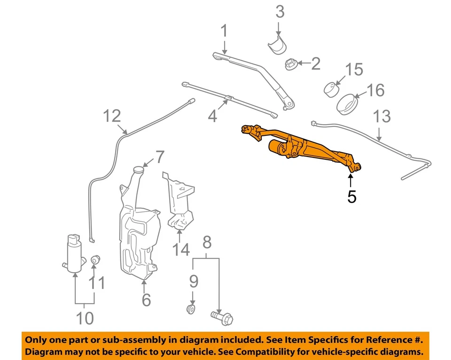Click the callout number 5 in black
pyautogui.click(x=351, y=196)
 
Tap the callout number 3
pyautogui.click(x=280, y=12)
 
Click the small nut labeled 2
pyautogui.click(x=290, y=64)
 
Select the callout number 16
pyautogui.click(x=375, y=90)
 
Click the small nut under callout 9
pyautogui.click(x=191, y=309)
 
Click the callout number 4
pyautogui.click(x=213, y=116)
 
